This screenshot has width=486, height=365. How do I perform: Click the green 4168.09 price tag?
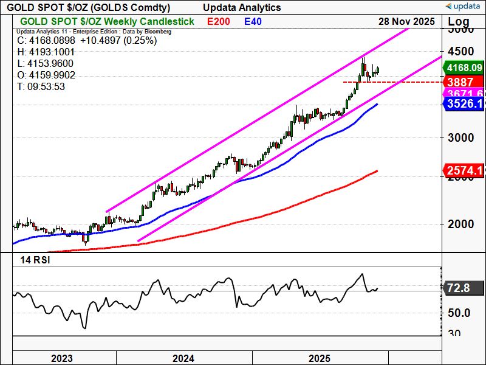(464, 68)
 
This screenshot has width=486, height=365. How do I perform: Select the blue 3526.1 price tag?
(464, 104)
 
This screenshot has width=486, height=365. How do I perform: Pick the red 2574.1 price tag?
(464, 170)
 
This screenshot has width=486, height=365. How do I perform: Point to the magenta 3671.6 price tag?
(464, 93)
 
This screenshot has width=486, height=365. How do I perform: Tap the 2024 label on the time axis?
(183, 358)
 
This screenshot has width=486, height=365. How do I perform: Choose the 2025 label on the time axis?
(320, 358)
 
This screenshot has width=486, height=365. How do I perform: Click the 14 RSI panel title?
(35, 260)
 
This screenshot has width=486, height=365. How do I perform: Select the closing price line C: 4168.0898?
(87, 41)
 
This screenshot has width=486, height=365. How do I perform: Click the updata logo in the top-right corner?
(464, 6)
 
